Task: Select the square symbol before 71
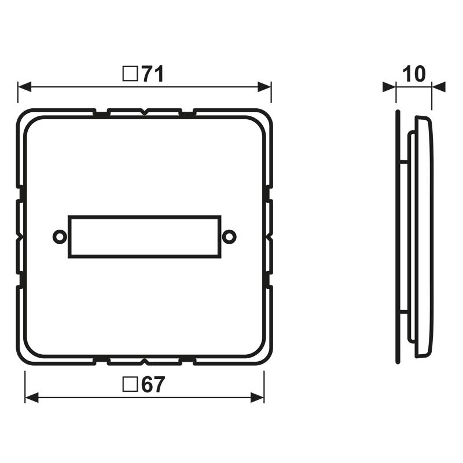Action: [131, 74]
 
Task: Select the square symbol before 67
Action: [131, 385]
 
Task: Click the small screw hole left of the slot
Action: [58, 237]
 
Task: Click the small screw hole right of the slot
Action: [230, 237]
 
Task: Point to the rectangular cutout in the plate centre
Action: [144, 237]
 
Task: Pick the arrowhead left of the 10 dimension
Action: [388, 87]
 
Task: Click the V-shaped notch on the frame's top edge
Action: [145, 111]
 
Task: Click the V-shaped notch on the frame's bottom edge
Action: [145, 362]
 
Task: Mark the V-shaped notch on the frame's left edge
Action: [20, 237]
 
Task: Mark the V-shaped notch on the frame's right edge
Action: [270, 237]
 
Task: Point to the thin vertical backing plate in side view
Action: [398, 236]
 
